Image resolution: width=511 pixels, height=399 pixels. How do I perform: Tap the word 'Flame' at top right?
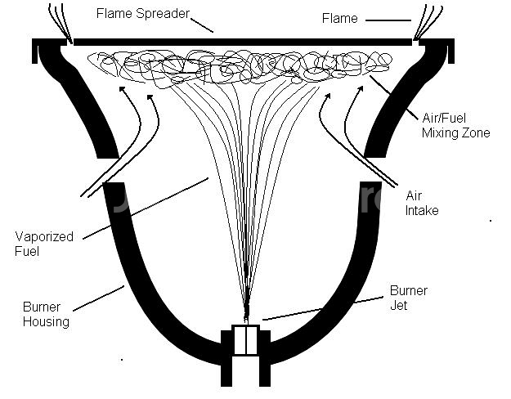pyautogui.click(x=339, y=17)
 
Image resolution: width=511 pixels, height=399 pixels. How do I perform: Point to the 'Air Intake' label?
pyautogui.click(x=422, y=203)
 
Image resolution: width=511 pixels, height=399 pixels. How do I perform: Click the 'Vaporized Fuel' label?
pyautogui.click(x=44, y=244)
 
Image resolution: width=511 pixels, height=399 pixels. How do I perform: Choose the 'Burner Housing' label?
pyautogui.click(x=46, y=314)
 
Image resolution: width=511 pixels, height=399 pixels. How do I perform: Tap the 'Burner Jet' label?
pyautogui.click(x=408, y=298)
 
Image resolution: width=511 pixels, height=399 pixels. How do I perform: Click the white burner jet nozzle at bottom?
pyautogui.click(x=246, y=340)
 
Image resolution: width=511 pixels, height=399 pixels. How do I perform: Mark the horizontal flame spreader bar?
pyautogui.click(x=245, y=40)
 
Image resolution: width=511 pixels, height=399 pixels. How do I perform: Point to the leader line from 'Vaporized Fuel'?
pyautogui.click(x=147, y=208)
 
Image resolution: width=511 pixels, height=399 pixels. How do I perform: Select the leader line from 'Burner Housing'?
pyautogui.click(x=98, y=298)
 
